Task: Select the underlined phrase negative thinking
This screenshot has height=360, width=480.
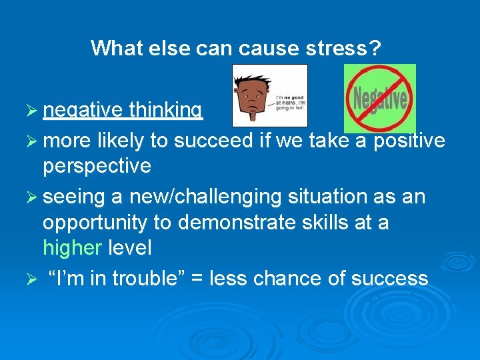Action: [123, 111]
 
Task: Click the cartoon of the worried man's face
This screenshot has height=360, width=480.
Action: [253, 95]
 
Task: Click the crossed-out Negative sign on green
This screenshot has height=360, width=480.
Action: [379, 99]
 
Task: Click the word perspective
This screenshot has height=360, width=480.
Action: [97, 165]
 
